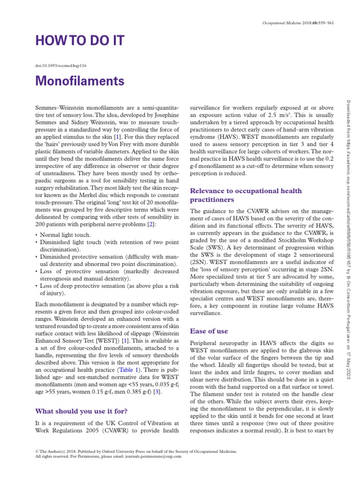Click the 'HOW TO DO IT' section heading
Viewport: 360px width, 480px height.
[80, 41]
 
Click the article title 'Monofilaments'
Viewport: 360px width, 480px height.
[80, 81]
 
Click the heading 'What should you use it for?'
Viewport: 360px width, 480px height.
[82, 411]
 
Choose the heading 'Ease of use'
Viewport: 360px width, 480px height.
[209, 331]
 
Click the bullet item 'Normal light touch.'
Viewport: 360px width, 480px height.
[66, 234]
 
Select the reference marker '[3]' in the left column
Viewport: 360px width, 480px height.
[159, 392]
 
